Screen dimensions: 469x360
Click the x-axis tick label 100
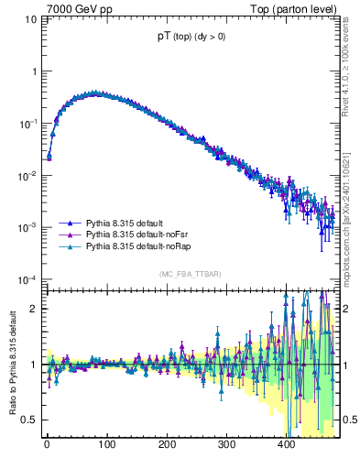tap(106, 444)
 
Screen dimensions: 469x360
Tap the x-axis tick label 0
tap(47, 444)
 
